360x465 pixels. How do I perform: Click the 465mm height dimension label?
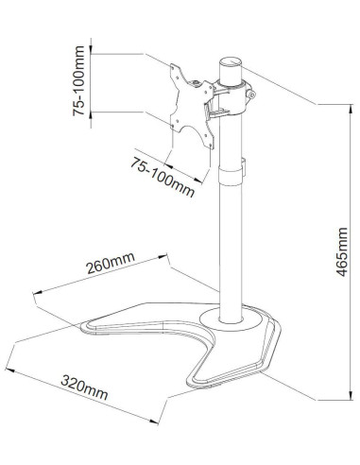(342, 251)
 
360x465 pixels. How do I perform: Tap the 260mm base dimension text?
(111, 263)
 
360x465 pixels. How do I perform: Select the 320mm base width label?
(84, 387)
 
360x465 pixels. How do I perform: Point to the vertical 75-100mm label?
(78, 80)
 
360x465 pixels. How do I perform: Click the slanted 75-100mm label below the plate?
(163, 177)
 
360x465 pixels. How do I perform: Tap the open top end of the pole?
(231, 61)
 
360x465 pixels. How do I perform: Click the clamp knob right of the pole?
(251, 94)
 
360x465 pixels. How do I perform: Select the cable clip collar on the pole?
(231, 177)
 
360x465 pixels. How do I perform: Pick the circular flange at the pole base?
(231, 319)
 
